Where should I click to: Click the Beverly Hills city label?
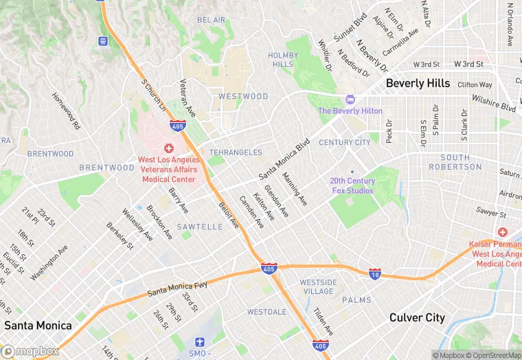[418, 83]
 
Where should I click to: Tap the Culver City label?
[417, 318]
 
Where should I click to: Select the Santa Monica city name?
[38, 325]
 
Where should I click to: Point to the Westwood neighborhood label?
[243, 96]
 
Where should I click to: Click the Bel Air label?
[211, 20]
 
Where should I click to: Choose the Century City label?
[344, 142]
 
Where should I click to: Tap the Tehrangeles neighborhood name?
[236, 152]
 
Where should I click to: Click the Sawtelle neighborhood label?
[199, 226]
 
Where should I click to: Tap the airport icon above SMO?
[201, 341]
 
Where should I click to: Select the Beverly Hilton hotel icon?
[350, 100]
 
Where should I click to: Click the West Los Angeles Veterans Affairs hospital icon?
[168, 148]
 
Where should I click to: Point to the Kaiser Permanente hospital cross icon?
[503, 232]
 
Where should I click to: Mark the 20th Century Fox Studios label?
[352, 185]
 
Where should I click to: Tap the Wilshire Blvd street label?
[493, 103]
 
